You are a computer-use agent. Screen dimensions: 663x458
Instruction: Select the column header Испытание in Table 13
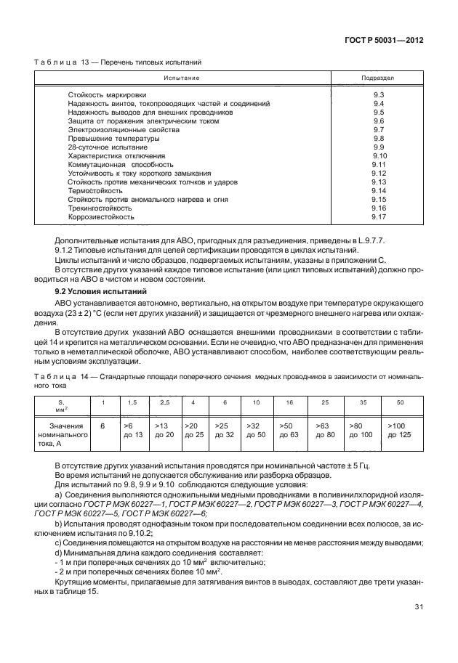pyautogui.click(x=181, y=77)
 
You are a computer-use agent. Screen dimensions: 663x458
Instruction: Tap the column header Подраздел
pyautogui.click(x=378, y=77)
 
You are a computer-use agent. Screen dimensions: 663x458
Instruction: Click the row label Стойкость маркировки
pyautogui.click(x=107, y=95)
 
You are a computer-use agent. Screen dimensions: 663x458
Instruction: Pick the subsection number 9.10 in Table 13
pyautogui.click(x=378, y=156)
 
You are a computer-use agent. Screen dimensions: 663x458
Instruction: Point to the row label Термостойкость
pyautogui.click(x=95, y=190)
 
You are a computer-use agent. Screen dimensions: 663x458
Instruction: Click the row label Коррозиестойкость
pyautogui.click(x=101, y=216)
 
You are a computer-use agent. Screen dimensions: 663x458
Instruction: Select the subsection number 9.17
pyautogui.click(x=378, y=216)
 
